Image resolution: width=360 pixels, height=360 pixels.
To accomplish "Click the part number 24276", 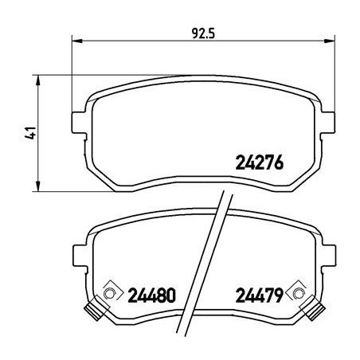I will (260, 165).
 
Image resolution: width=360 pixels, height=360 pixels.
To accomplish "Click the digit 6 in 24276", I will (280, 165).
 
